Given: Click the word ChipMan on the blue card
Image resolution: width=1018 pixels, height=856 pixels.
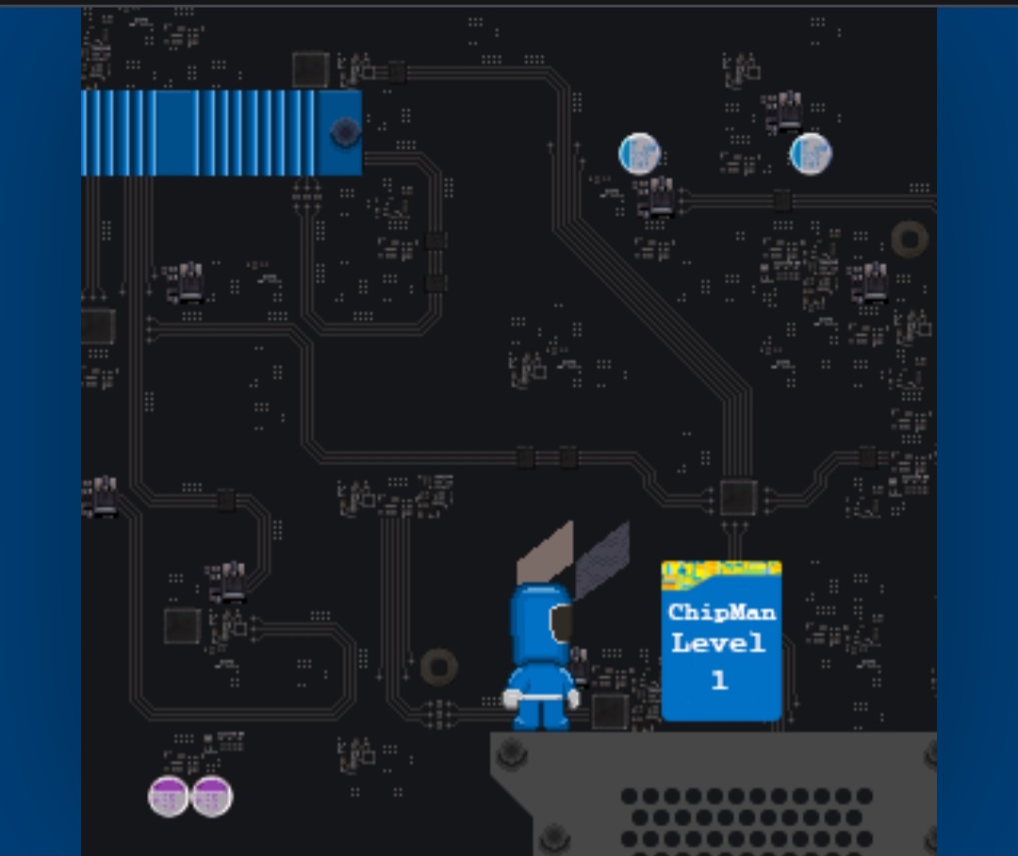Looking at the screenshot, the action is [x=722, y=613].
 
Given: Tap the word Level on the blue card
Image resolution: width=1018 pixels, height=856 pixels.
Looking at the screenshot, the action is [x=718, y=643].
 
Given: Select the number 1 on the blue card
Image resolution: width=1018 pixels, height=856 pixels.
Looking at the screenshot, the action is [x=718, y=680].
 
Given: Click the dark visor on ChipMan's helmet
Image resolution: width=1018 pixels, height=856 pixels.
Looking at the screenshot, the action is [x=561, y=623].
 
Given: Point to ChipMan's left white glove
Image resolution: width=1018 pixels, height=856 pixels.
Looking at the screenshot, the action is [x=511, y=699].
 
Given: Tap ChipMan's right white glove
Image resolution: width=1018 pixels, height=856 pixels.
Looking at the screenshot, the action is [x=573, y=699].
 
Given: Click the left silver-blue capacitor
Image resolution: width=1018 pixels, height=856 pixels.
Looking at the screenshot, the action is [x=639, y=154].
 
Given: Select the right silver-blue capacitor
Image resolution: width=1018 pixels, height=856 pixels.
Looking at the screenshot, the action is [x=811, y=154].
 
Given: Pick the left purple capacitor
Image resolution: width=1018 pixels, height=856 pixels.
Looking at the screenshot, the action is [x=168, y=797].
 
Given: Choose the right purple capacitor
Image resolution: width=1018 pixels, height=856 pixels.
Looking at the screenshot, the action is [x=212, y=797].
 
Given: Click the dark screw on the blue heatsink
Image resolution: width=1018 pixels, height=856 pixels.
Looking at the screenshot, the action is [x=345, y=133].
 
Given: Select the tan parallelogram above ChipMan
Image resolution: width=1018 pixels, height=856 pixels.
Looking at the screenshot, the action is [x=546, y=552].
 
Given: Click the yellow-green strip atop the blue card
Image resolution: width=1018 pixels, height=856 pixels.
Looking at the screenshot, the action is [x=721, y=571].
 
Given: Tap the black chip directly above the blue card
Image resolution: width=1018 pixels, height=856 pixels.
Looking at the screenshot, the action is [x=738, y=498].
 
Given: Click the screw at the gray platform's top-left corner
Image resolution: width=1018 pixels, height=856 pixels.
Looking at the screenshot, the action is [x=512, y=753].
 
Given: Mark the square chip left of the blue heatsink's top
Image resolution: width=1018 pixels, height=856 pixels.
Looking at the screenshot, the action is [x=310, y=70].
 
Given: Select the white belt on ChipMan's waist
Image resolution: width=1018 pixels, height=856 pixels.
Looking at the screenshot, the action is [x=541, y=698].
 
